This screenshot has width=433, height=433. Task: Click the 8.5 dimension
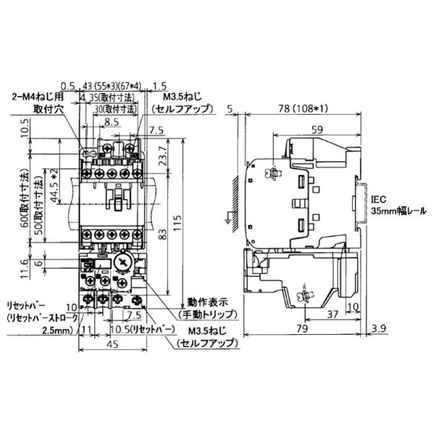pos(111,123)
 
